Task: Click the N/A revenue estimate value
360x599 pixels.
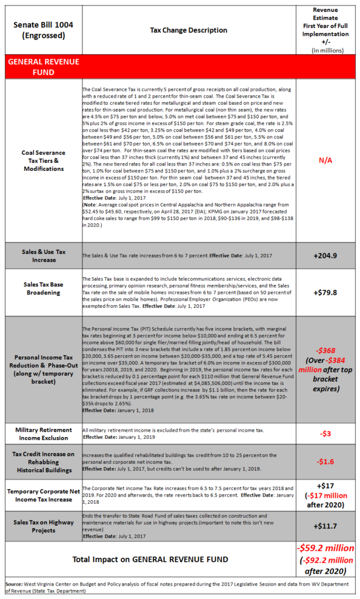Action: tap(326, 160)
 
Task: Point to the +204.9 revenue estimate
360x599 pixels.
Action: tap(326, 256)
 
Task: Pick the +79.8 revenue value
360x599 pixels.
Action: tap(326, 292)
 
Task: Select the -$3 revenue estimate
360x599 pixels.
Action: tap(326, 433)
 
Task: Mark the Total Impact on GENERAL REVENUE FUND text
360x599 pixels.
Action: tap(151, 559)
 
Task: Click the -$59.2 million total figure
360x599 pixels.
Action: tap(326, 549)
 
